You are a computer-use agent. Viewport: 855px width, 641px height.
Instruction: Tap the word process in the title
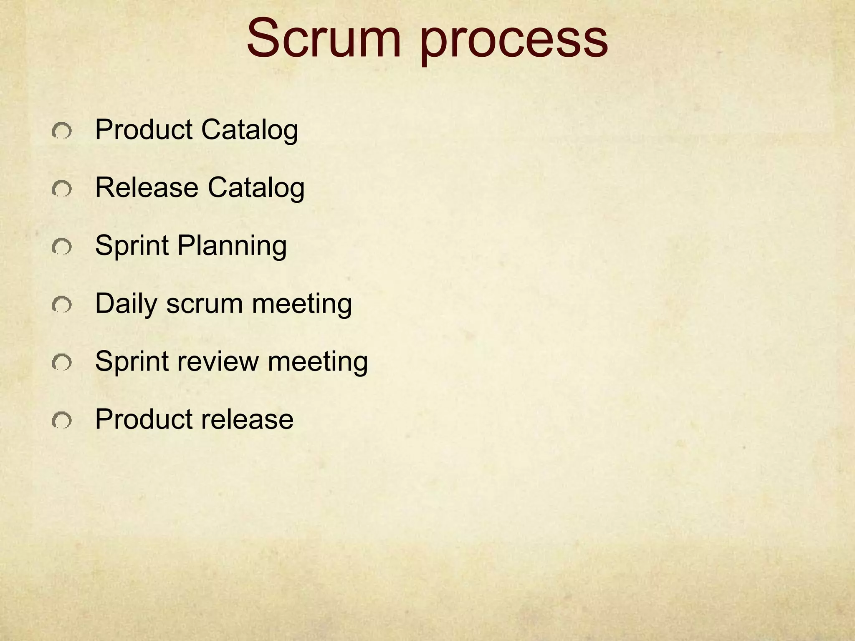pos(514,42)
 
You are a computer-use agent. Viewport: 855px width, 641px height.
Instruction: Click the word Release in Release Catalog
pos(147,187)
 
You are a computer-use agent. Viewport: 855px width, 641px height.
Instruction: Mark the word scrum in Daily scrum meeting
pos(205,304)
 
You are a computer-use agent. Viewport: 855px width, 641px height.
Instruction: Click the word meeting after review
pos(318,362)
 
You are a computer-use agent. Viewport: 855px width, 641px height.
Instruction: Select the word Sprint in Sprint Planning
pos(132,247)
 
